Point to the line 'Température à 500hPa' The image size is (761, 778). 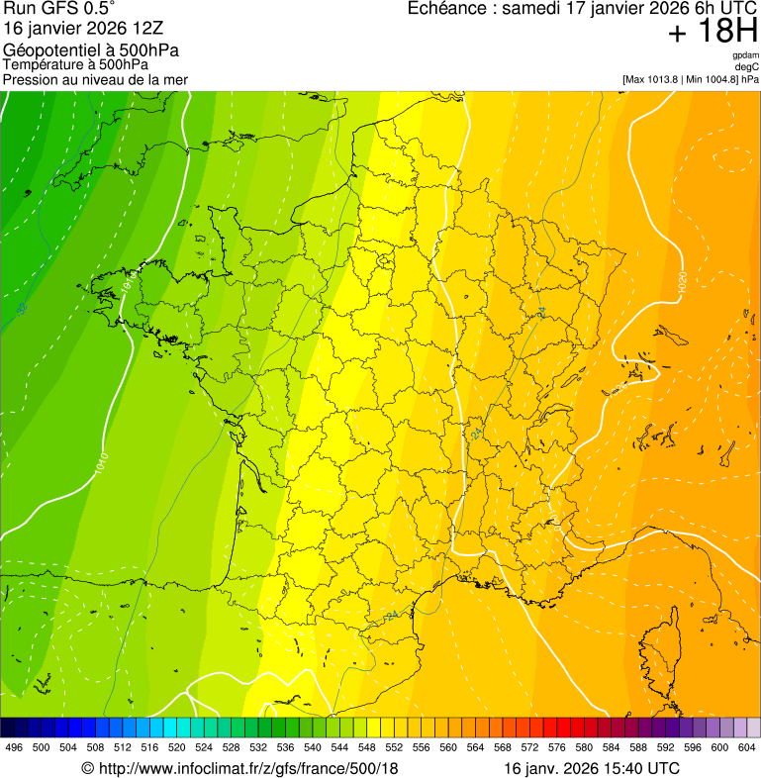pos(75,65)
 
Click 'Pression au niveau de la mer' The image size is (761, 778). pos(95,79)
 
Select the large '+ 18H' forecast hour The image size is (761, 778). pos(713,32)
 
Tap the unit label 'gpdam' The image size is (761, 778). pos(745,55)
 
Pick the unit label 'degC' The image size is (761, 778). pos(747,66)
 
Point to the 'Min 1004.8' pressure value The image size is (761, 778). pos(712,78)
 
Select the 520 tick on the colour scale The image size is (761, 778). pos(176,748)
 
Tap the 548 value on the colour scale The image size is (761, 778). pos(366,748)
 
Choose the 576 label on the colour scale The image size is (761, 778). pos(557,748)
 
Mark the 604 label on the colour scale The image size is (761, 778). pos(747,748)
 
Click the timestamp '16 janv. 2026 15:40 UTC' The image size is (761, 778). pos(592,768)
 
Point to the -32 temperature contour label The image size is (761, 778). pos(22,309)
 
